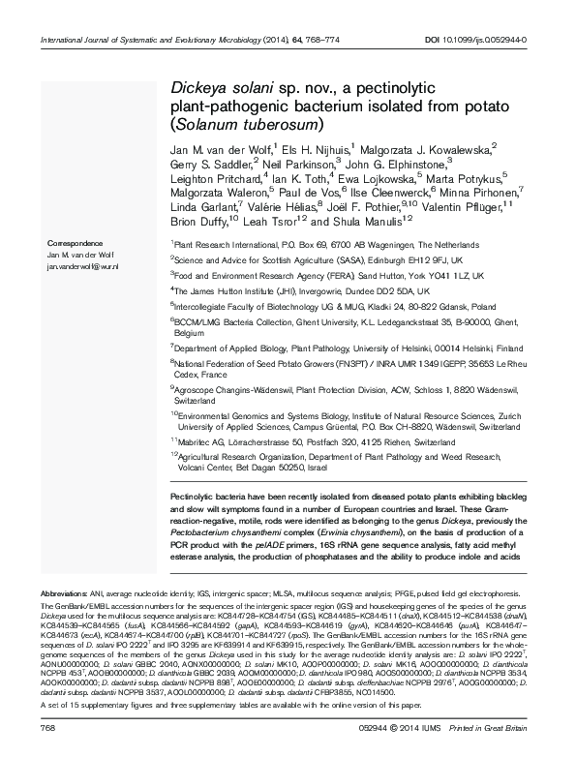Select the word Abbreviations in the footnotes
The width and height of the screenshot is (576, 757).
point(61,590)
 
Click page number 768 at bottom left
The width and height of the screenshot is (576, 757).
point(45,726)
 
